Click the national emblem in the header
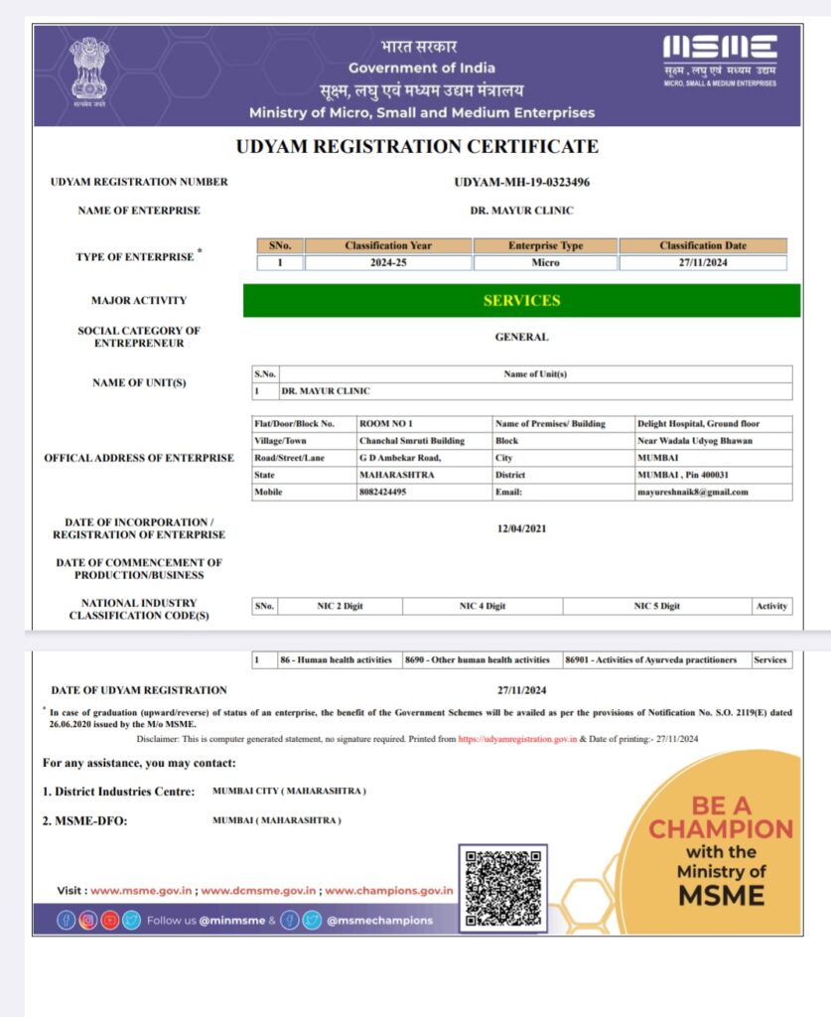88,69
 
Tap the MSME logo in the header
720,48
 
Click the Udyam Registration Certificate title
417,147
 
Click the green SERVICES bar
521,300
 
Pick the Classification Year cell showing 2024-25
388,263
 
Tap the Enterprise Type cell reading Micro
545,263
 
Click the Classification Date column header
702,245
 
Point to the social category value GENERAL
521,337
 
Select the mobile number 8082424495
382,492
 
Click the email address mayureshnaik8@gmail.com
692,492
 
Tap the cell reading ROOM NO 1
379,423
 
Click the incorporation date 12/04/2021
521,528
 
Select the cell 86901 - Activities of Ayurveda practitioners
650,659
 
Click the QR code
502,885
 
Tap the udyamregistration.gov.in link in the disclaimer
517,739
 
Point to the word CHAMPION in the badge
721,829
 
